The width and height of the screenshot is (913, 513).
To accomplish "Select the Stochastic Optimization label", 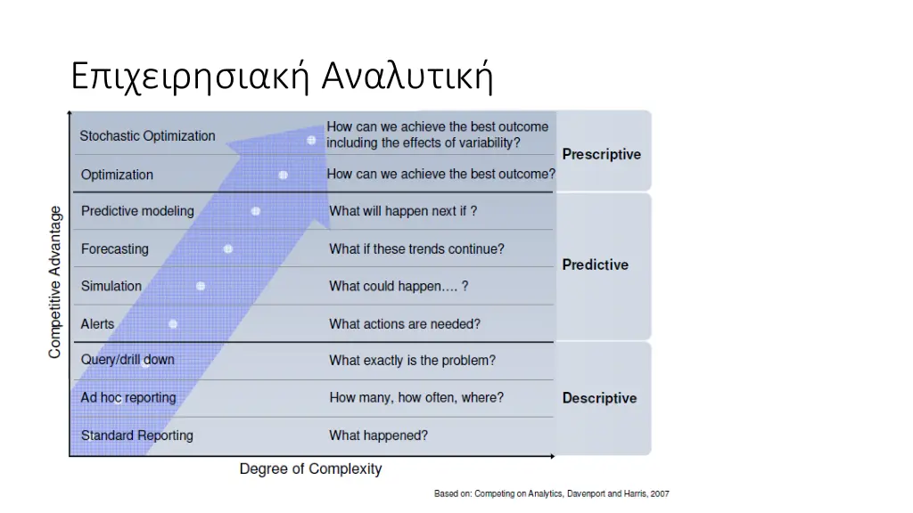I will [x=147, y=136].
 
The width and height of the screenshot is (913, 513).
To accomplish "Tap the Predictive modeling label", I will [x=137, y=211].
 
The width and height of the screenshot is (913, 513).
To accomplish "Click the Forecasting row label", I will [x=115, y=248].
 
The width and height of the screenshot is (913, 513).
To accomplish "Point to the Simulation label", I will [x=111, y=286].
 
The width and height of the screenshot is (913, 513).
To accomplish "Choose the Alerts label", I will [x=98, y=323].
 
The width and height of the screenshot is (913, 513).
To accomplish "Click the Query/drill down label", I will [x=127, y=360].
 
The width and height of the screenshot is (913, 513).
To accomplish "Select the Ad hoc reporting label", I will [x=128, y=397].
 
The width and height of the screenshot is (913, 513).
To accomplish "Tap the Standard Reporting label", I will [x=136, y=436].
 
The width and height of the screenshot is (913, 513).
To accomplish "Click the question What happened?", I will [x=378, y=436].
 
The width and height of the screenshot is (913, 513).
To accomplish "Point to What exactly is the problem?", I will [x=412, y=361].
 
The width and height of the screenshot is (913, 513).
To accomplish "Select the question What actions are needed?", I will [x=404, y=324].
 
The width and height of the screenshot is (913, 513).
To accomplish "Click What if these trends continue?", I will [x=416, y=248].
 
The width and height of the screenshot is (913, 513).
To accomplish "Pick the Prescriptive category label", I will [x=601, y=154].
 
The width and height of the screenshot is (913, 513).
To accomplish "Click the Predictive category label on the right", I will [x=595, y=265].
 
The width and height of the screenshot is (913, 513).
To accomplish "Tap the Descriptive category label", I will [x=599, y=398].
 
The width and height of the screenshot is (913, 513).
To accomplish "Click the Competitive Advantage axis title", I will [x=55, y=282].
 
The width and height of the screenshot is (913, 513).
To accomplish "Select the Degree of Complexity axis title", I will [x=310, y=469].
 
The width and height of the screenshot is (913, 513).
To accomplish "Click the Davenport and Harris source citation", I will [x=551, y=493].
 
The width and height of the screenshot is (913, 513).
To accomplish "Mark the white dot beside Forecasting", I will [x=228, y=248].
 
